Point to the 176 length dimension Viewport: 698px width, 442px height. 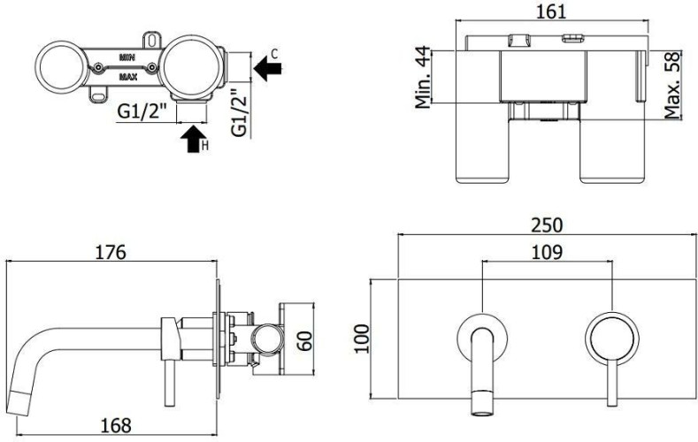[111, 252]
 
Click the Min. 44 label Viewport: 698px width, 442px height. [425, 78]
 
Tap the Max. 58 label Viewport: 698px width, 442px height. [675, 85]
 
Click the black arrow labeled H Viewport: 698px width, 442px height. [190, 139]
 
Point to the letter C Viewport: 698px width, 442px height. [274, 54]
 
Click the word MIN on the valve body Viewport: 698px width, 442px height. [128, 56]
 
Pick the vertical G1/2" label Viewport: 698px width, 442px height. [237, 110]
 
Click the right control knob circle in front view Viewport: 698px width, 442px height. [608, 335]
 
